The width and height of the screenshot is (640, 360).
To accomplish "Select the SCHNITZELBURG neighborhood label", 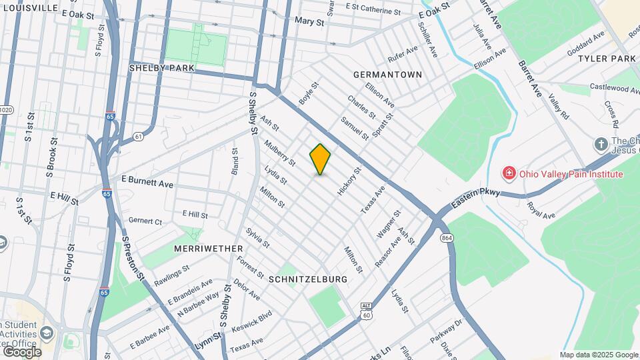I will (307, 280).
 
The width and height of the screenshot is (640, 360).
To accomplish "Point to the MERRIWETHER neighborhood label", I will (208, 249).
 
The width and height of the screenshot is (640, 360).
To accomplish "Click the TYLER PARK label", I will (607, 59).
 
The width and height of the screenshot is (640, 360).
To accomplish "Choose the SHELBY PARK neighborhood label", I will (161, 68).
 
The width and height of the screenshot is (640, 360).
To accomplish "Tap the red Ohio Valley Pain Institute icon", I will (509, 174).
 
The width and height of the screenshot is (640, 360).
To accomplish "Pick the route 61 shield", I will (138, 137).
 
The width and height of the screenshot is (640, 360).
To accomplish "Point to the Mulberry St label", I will (279, 152).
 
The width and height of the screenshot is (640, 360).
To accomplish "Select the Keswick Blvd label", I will (251, 321).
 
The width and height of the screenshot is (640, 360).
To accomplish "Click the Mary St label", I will (309, 21).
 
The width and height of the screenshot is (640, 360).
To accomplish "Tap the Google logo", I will (21, 351).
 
